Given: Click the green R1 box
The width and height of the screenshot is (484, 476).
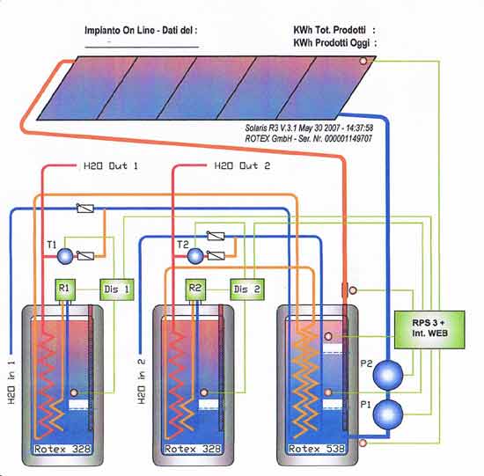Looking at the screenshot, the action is click(x=65, y=289).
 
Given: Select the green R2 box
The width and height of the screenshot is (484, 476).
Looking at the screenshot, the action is click(x=195, y=289).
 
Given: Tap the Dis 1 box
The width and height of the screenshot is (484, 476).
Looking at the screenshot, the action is click(x=117, y=289).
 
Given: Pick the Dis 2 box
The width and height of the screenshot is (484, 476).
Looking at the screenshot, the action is click(x=247, y=289).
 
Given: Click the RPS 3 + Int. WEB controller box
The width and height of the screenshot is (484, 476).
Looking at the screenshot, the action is click(x=429, y=330).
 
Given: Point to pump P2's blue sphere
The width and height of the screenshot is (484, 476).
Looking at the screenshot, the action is click(x=388, y=375).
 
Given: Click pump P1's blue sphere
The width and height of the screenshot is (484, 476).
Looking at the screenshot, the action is click(x=388, y=414).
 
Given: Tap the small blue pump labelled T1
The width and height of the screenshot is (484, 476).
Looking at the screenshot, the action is click(x=65, y=256).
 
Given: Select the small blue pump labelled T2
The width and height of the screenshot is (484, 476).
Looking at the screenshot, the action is click(x=195, y=256).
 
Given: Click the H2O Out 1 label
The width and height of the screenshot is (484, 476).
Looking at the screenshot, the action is click(x=111, y=166).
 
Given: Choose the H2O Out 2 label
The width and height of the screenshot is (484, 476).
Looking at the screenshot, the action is click(x=242, y=166).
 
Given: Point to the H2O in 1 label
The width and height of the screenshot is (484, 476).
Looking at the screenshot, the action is click(x=11, y=382).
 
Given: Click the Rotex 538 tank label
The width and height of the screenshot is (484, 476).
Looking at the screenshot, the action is click(x=316, y=449).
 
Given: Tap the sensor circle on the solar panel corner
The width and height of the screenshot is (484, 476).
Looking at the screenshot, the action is click(x=363, y=61).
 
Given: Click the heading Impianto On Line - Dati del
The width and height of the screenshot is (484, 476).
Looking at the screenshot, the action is click(x=141, y=31).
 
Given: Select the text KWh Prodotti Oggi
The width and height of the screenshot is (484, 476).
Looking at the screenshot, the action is click(x=331, y=43).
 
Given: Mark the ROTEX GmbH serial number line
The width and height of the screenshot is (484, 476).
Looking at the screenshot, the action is click(x=308, y=138).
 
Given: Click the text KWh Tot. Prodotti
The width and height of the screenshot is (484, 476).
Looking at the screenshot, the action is click(x=329, y=30).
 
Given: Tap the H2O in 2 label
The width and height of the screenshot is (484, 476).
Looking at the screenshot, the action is click(x=142, y=381).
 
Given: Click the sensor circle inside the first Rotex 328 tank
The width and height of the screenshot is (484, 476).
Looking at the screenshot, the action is click(x=74, y=392).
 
